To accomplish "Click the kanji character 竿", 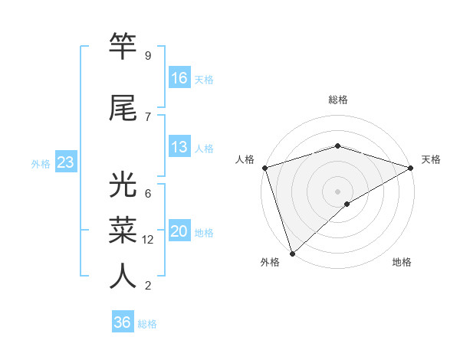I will click(123, 47).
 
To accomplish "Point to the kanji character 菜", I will click(123, 229).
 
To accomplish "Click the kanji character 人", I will click(123, 276).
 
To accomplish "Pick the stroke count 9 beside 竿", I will click(147, 55).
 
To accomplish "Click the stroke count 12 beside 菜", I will click(149, 240).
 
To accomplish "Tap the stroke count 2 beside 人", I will click(147, 286).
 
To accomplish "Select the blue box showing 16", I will click(179, 77).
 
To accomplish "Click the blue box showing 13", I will click(179, 147).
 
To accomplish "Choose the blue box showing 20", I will click(179, 231).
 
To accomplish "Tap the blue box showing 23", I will click(65, 162).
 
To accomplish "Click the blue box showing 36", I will click(123, 322).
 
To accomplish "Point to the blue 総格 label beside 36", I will click(147, 324).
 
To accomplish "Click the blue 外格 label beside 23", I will click(41, 163).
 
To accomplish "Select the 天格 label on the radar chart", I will click(431, 159).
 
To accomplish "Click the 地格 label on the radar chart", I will click(402, 262).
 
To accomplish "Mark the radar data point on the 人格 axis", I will click(264, 168).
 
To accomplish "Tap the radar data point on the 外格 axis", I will click(292, 253).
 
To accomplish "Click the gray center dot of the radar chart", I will click(337, 191).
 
